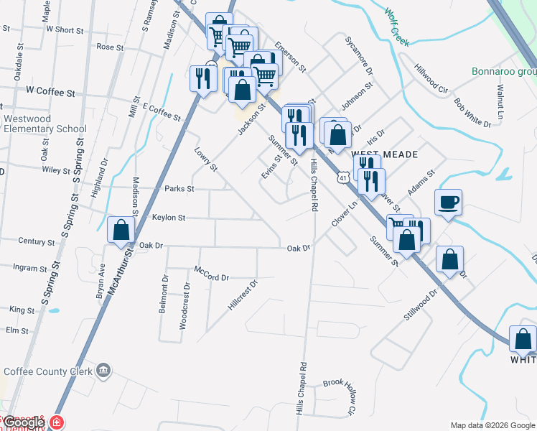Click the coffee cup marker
click(x=449, y=203)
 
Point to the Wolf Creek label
click(x=396, y=27)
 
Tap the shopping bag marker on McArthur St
click(x=121, y=231)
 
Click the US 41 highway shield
click(x=345, y=177)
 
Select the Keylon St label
click(x=169, y=217)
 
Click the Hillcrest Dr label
click(x=243, y=295)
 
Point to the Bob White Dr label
click(x=472, y=111)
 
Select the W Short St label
click(x=65, y=29)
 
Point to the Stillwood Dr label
click(x=421, y=305)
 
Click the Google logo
click(x=24, y=422)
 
